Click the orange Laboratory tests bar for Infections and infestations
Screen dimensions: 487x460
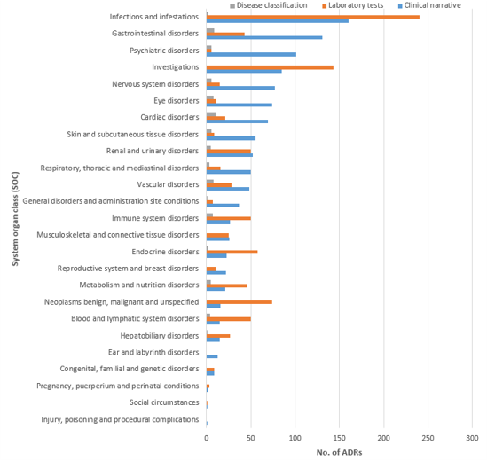point(313,18)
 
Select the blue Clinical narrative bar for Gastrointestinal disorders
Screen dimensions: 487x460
point(264,37)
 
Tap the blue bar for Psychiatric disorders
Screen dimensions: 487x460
point(251,55)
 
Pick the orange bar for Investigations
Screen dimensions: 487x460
point(270,67)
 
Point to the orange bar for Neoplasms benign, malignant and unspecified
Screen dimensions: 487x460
point(240,302)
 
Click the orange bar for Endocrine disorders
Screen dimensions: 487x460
point(232,252)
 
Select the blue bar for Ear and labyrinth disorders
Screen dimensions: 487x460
point(212,356)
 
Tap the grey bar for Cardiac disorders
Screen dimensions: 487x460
point(211,114)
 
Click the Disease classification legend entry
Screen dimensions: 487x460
point(269,5)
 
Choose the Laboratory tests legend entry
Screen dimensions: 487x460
point(352,5)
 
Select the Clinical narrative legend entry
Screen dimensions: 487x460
point(429,5)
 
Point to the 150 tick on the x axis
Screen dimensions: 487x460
point(340,438)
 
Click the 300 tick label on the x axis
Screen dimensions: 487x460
point(473,438)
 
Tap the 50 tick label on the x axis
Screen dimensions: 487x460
point(251,438)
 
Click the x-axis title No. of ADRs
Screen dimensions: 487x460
point(339,453)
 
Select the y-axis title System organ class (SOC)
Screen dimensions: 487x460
point(15,219)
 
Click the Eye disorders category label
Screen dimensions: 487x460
point(177,101)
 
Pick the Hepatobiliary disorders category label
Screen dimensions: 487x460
point(160,336)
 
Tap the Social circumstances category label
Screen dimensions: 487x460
point(164,402)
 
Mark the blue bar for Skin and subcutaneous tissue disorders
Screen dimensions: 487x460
point(231,138)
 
